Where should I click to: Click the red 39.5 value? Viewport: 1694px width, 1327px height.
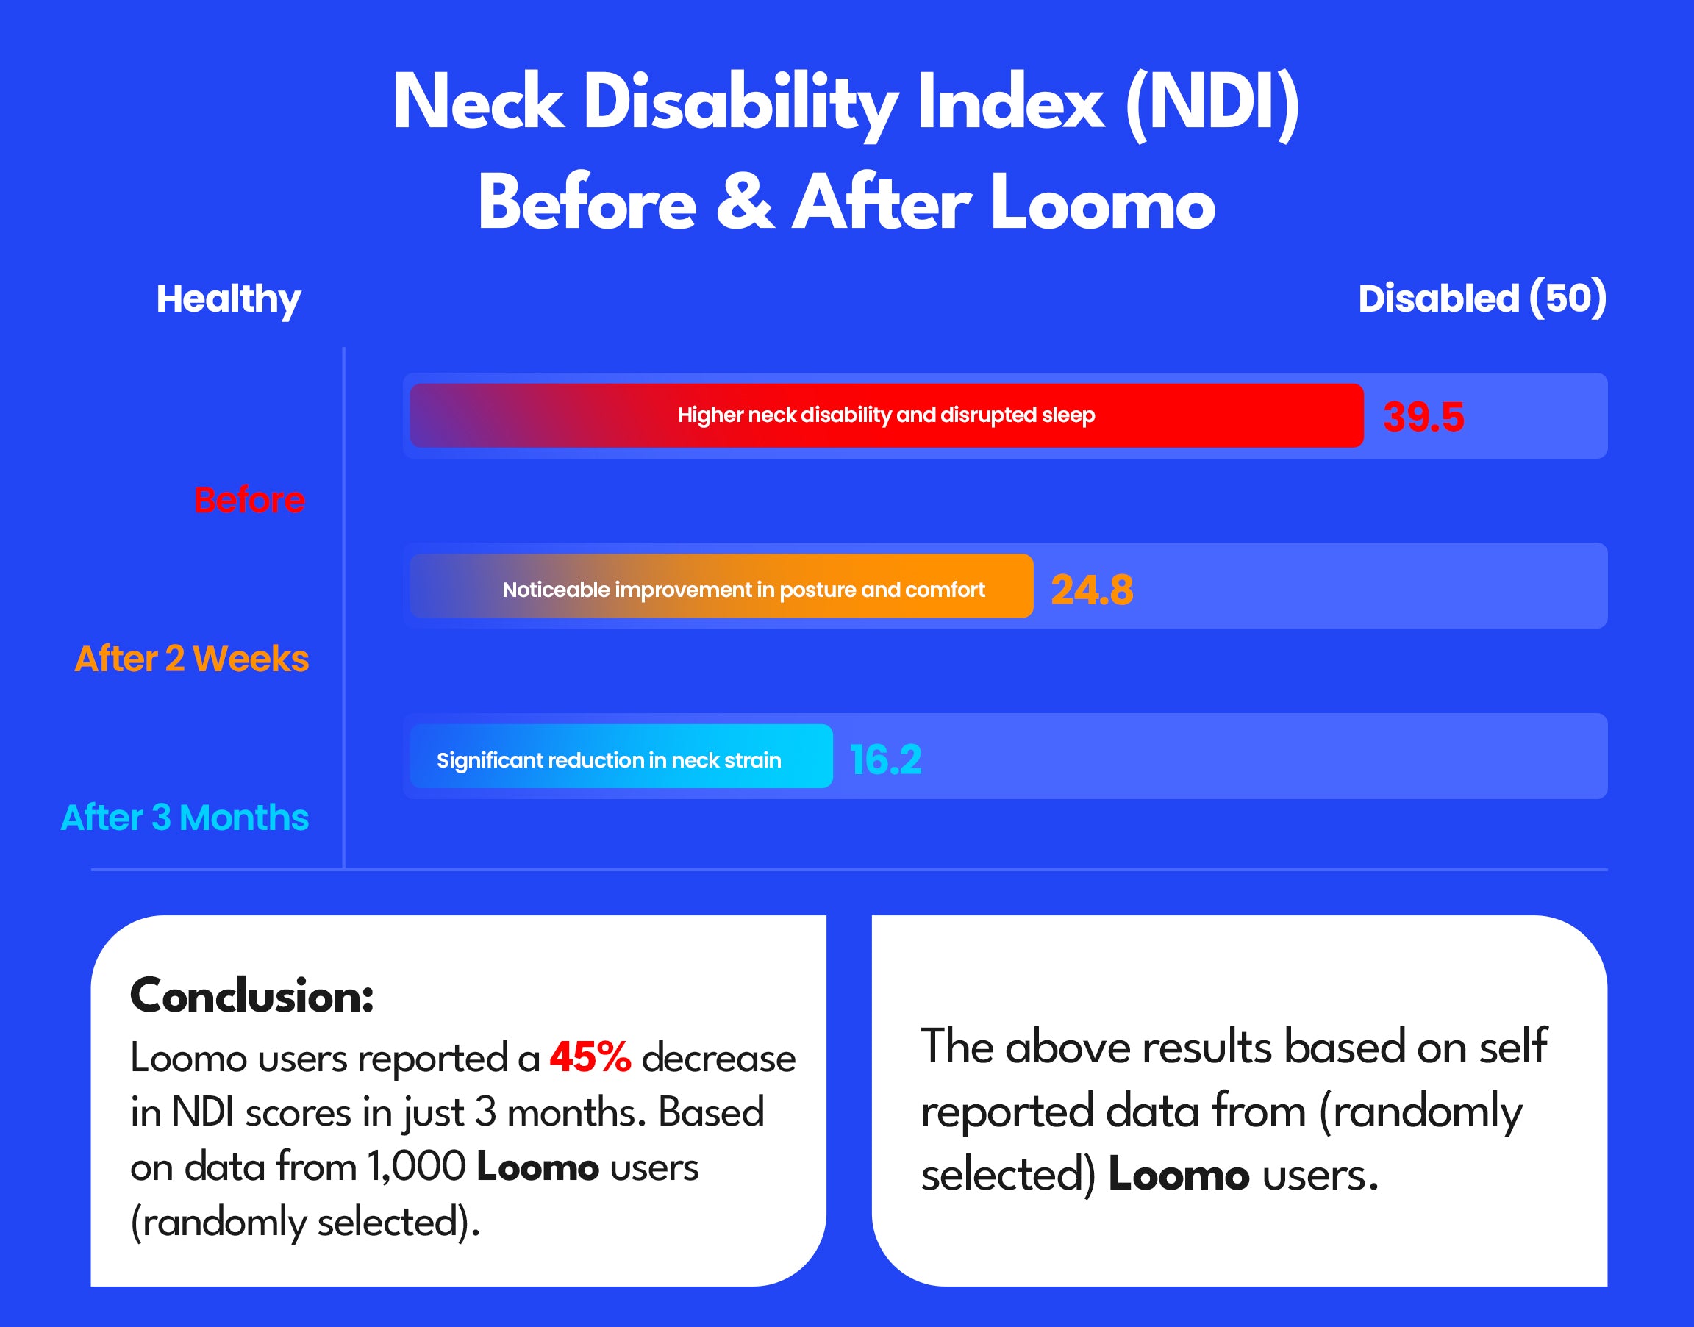pyautogui.click(x=1423, y=417)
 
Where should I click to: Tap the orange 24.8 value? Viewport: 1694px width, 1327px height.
pyautogui.click(x=1092, y=590)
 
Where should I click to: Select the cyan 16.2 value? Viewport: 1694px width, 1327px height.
pyautogui.click(x=886, y=760)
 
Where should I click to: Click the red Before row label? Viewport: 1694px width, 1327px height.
pyautogui.click(x=249, y=500)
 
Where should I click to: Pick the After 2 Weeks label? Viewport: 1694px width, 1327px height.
pyautogui.click(x=192, y=659)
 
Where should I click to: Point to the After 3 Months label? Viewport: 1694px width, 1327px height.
pyautogui.click(x=185, y=818)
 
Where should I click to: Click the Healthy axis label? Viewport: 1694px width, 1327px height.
pyautogui.click(x=229, y=299)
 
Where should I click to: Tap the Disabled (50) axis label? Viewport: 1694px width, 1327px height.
pyautogui.click(x=1482, y=299)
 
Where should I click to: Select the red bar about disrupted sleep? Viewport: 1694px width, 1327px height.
pyautogui.click(x=886, y=415)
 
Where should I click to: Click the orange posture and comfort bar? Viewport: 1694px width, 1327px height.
pyautogui.click(x=721, y=587)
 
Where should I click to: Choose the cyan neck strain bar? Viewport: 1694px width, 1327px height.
pyautogui.click(x=621, y=757)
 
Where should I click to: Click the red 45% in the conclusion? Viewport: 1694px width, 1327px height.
pyautogui.click(x=590, y=1058)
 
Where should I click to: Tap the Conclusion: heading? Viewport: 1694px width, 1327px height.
pyautogui.click(x=251, y=995)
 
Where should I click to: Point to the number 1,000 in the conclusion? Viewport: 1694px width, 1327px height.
pyautogui.click(x=416, y=1167)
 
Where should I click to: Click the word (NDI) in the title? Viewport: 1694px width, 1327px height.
pyautogui.click(x=1212, y=104)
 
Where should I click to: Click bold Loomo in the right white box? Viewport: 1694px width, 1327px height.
pyautogui.click(x=1178, y=1175)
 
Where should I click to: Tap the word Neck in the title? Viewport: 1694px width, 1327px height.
pyautogui.click(x=478, y=104)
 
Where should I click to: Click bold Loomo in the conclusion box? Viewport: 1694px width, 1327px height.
pyautogui.click(x=537, y=1167)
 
